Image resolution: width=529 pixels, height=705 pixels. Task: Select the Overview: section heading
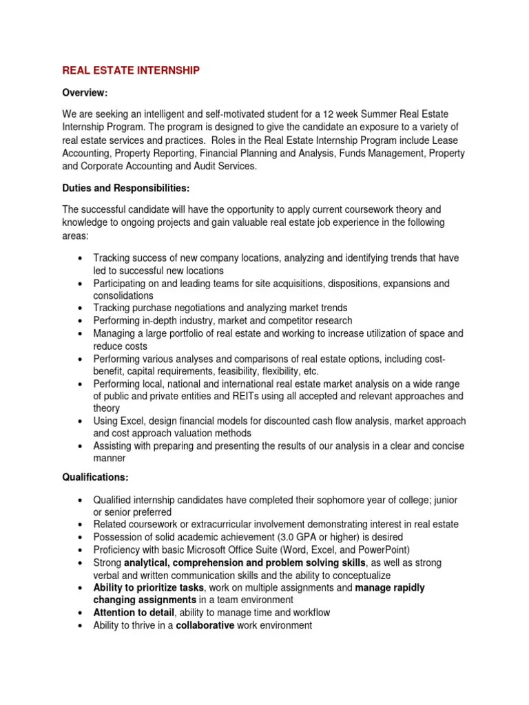85,93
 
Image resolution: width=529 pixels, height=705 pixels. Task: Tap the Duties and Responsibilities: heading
126,187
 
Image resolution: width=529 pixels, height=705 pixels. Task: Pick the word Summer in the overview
386,112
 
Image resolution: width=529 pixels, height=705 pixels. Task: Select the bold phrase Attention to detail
133,612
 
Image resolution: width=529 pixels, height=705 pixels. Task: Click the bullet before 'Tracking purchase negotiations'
81,308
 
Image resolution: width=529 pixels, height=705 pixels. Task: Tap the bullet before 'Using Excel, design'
81,421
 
